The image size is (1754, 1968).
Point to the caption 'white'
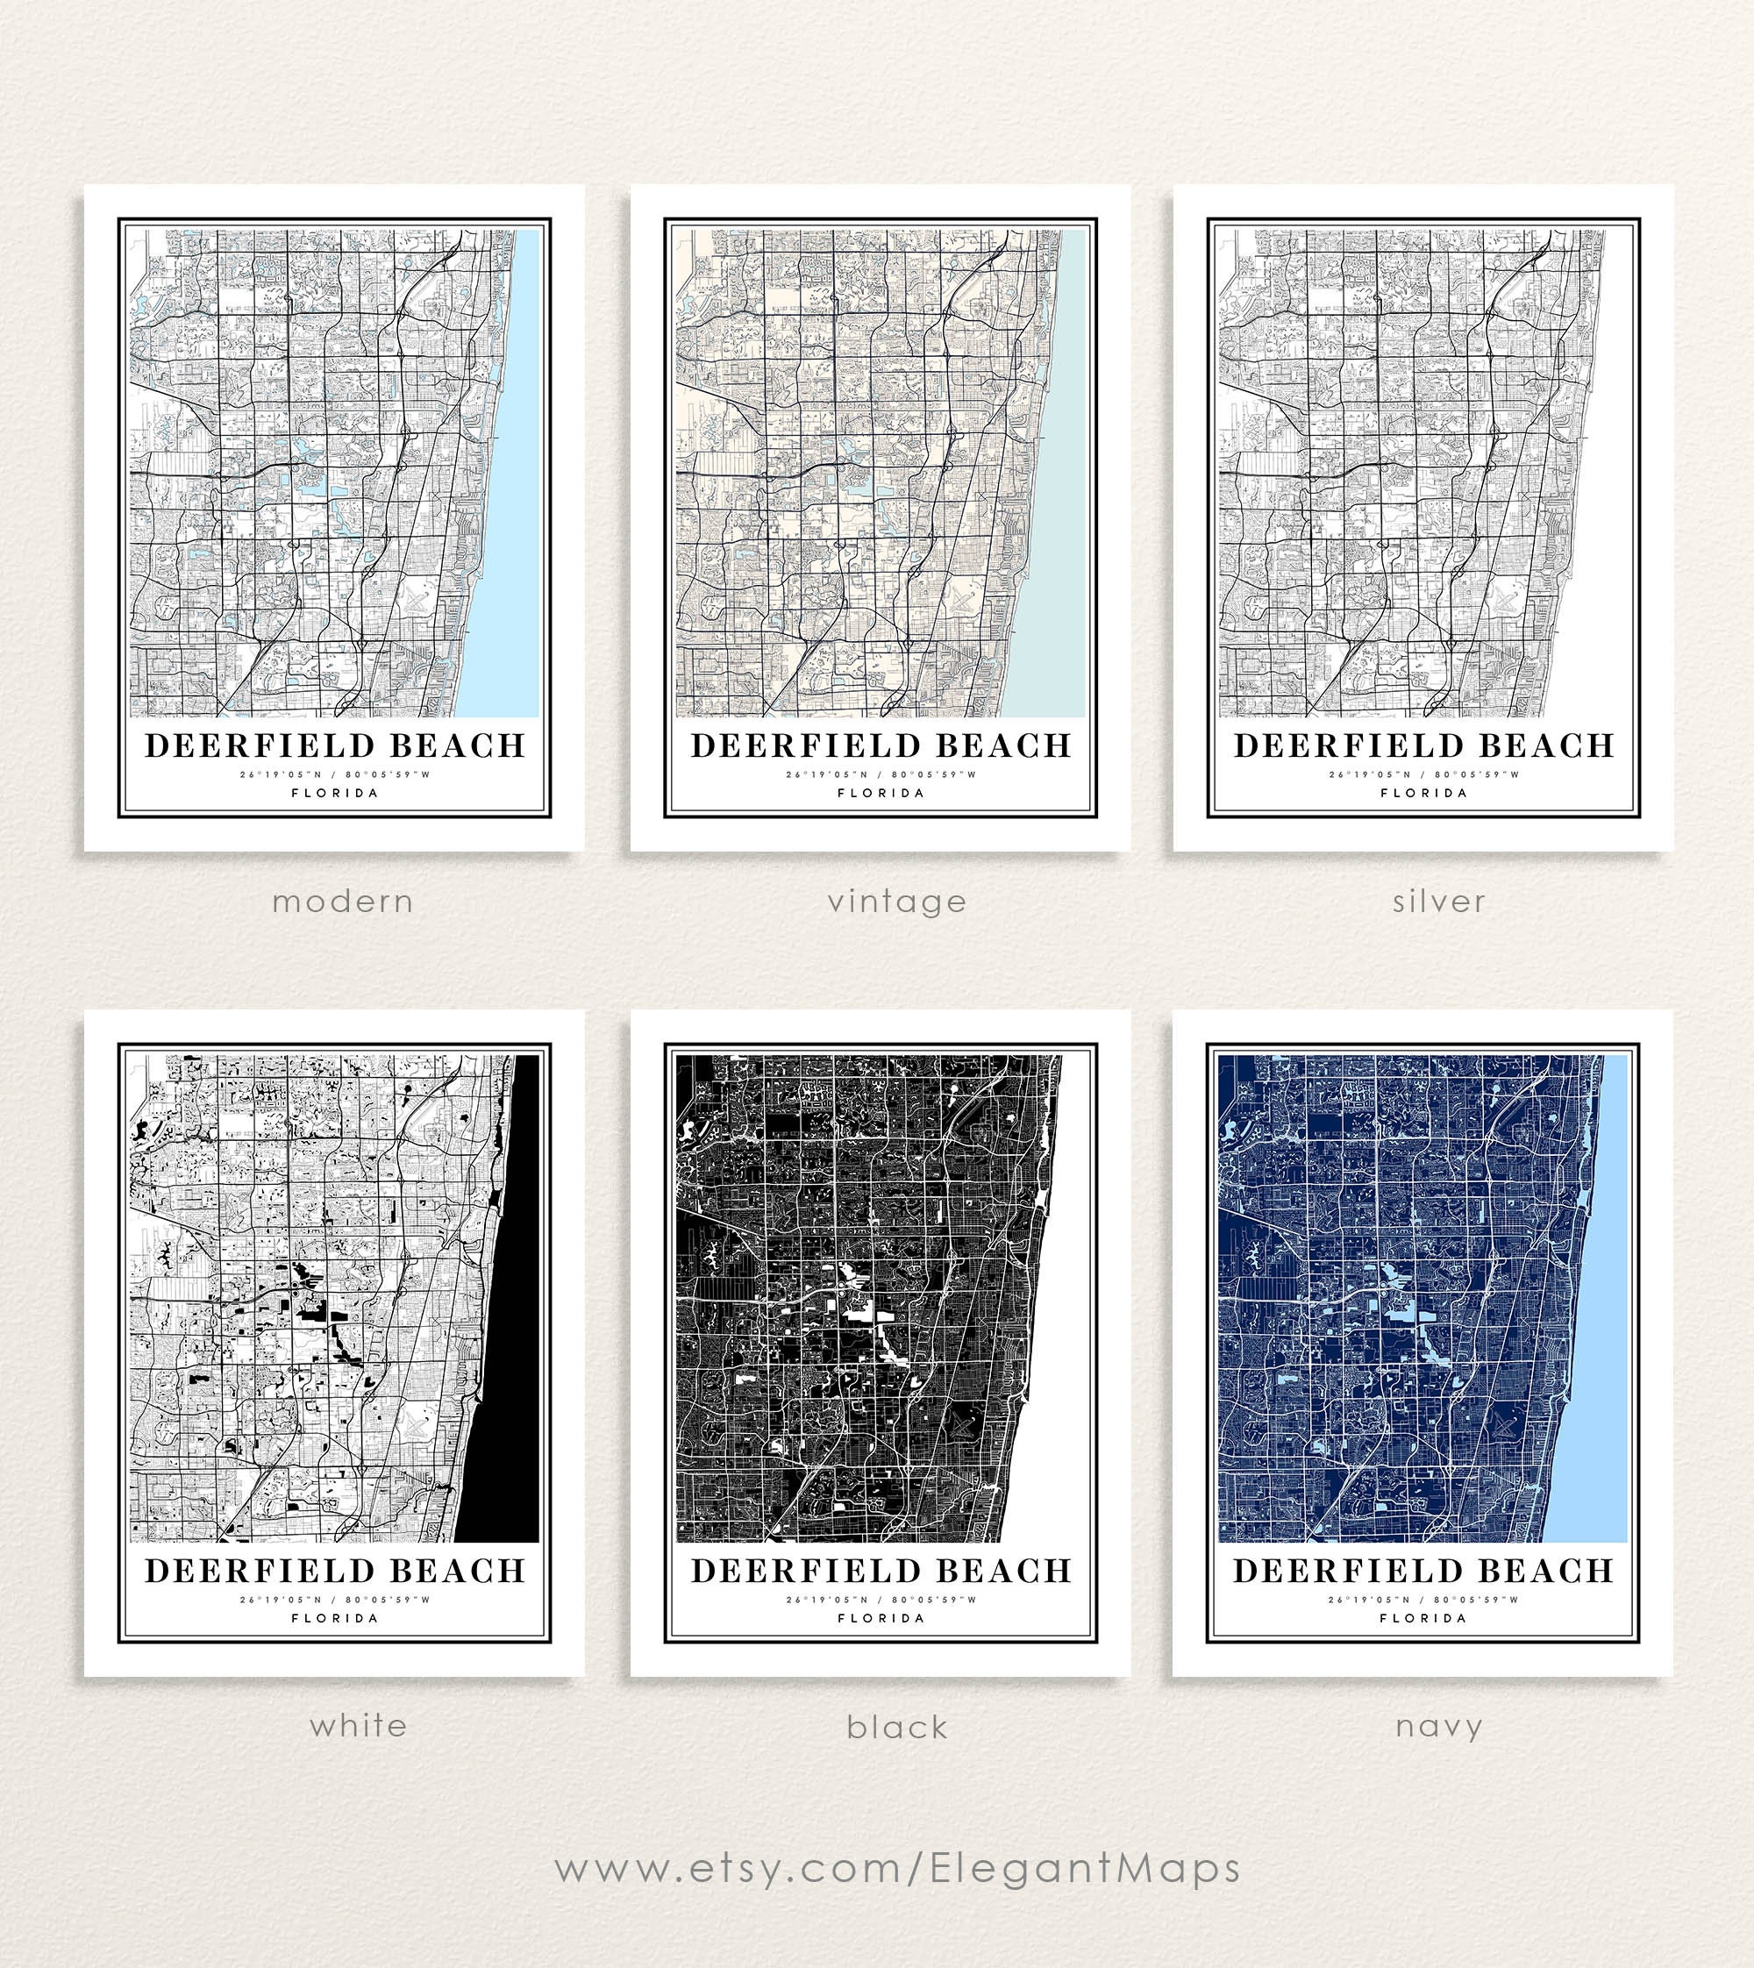tap(358, 1725)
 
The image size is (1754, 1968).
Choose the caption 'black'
tap(896, 1727)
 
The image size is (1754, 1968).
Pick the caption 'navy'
tap(1438, 1726)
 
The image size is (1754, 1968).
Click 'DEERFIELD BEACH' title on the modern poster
tap(334, 746)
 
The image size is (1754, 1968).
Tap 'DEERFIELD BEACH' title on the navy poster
tap(1422, 1571)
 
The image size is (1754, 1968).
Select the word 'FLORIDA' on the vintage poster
tap(881, 793)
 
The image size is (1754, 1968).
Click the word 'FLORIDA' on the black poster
tap(881, 1618)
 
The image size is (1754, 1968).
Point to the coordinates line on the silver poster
tap(1423, 774)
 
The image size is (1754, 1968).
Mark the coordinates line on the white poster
tap(334, 1600)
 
